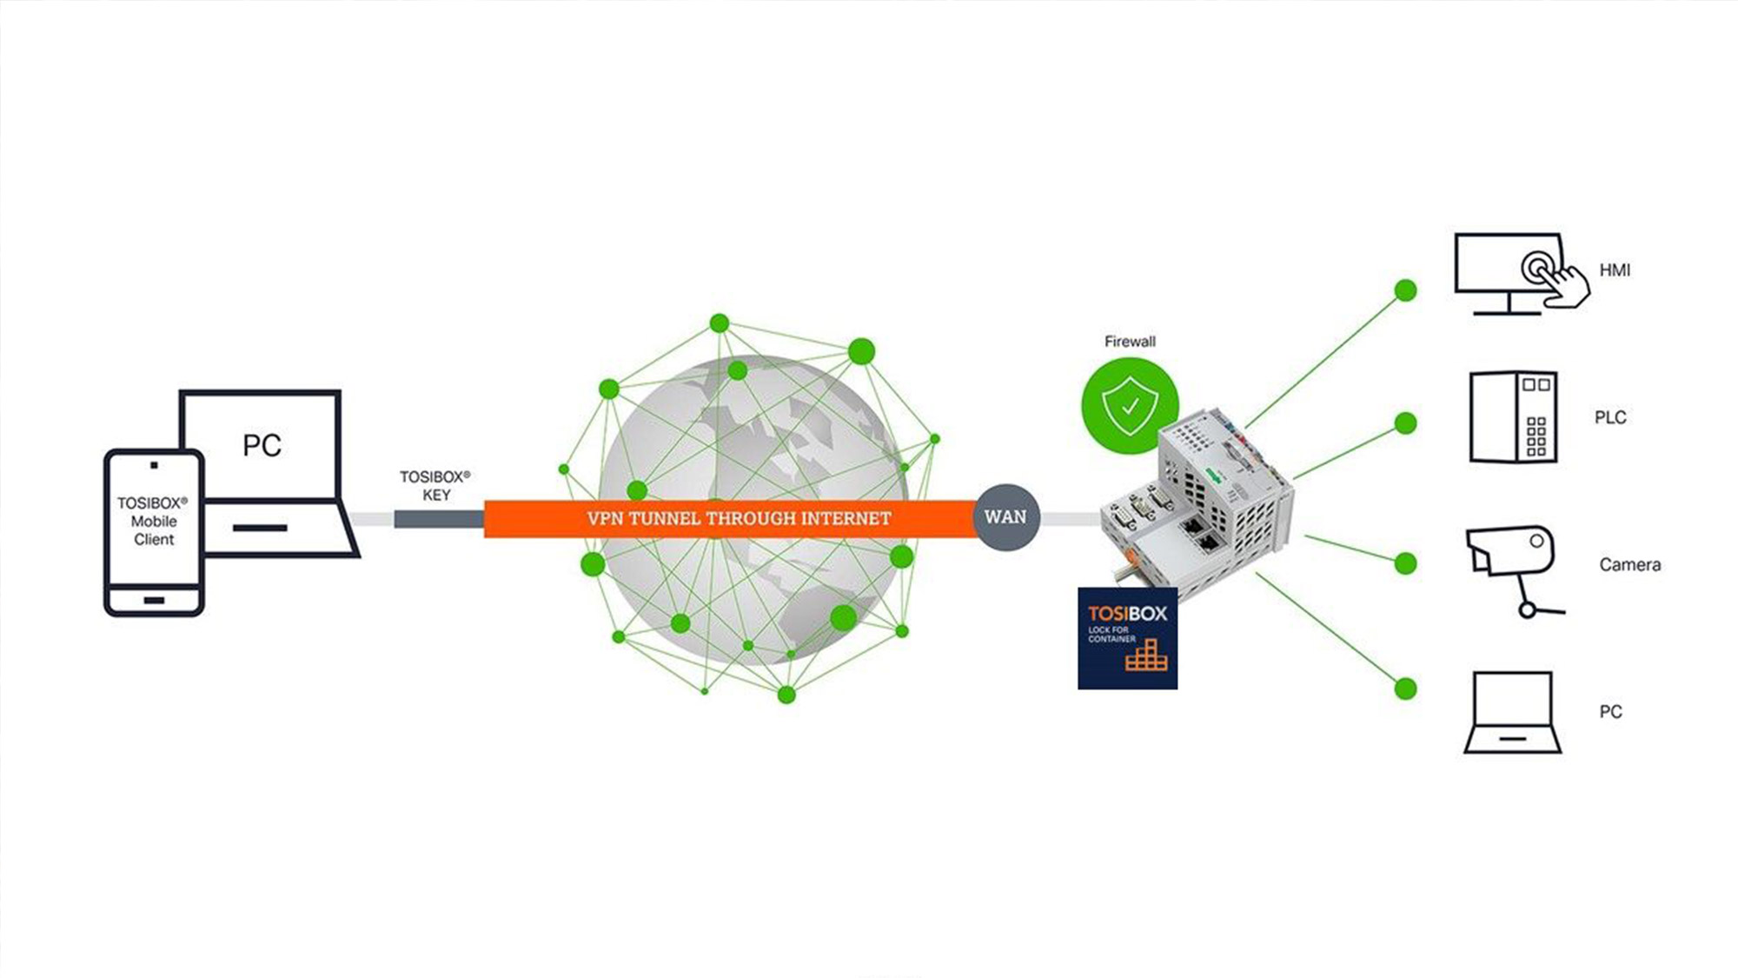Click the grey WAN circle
click(x=1006, y=517)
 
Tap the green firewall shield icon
click(x=1130, y=405)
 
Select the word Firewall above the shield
click(x=1130, y=342)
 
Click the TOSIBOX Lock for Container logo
click(x=1128, y=638)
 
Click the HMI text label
click(x=1615, y=270)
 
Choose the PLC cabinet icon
click(x=1513, y=417)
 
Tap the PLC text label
click(x=1610, y=417)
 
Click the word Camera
click(x=1630, y=565)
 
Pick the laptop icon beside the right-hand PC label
click(x=1513, y=712)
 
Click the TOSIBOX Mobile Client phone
click(x=154, y=533)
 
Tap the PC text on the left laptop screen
click(x=262, y=445)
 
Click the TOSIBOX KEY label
click(x=435, y=486)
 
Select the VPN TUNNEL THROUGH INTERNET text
click(x=739, y=519)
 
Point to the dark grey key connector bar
click(x=439, y=519)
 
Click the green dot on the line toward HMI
click(x=1405, y=290)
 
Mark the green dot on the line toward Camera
click(x=1405, y=563)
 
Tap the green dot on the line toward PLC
click(x=1405, y=423)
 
